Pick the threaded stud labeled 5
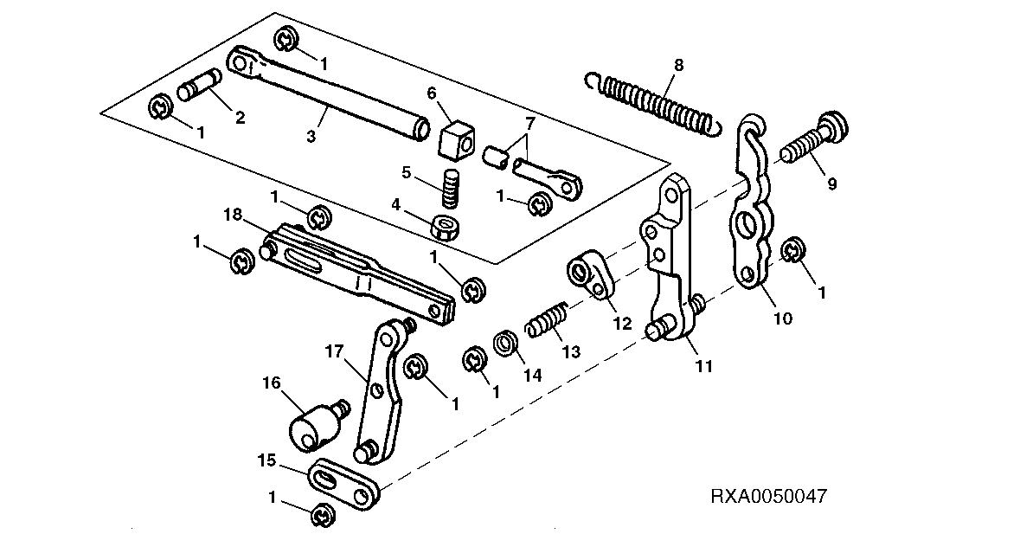(x=450, y=186)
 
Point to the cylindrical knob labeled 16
(x=317, y=425)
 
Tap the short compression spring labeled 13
(x=547, y=318)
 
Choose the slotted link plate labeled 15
(x=343, y=482)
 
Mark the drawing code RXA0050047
(x=768, y=497)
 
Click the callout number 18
(x=234, y=214)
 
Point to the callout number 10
(x=783, y=318)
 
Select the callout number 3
(x=311, y=137)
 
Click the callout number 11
(x=704, y=366)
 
